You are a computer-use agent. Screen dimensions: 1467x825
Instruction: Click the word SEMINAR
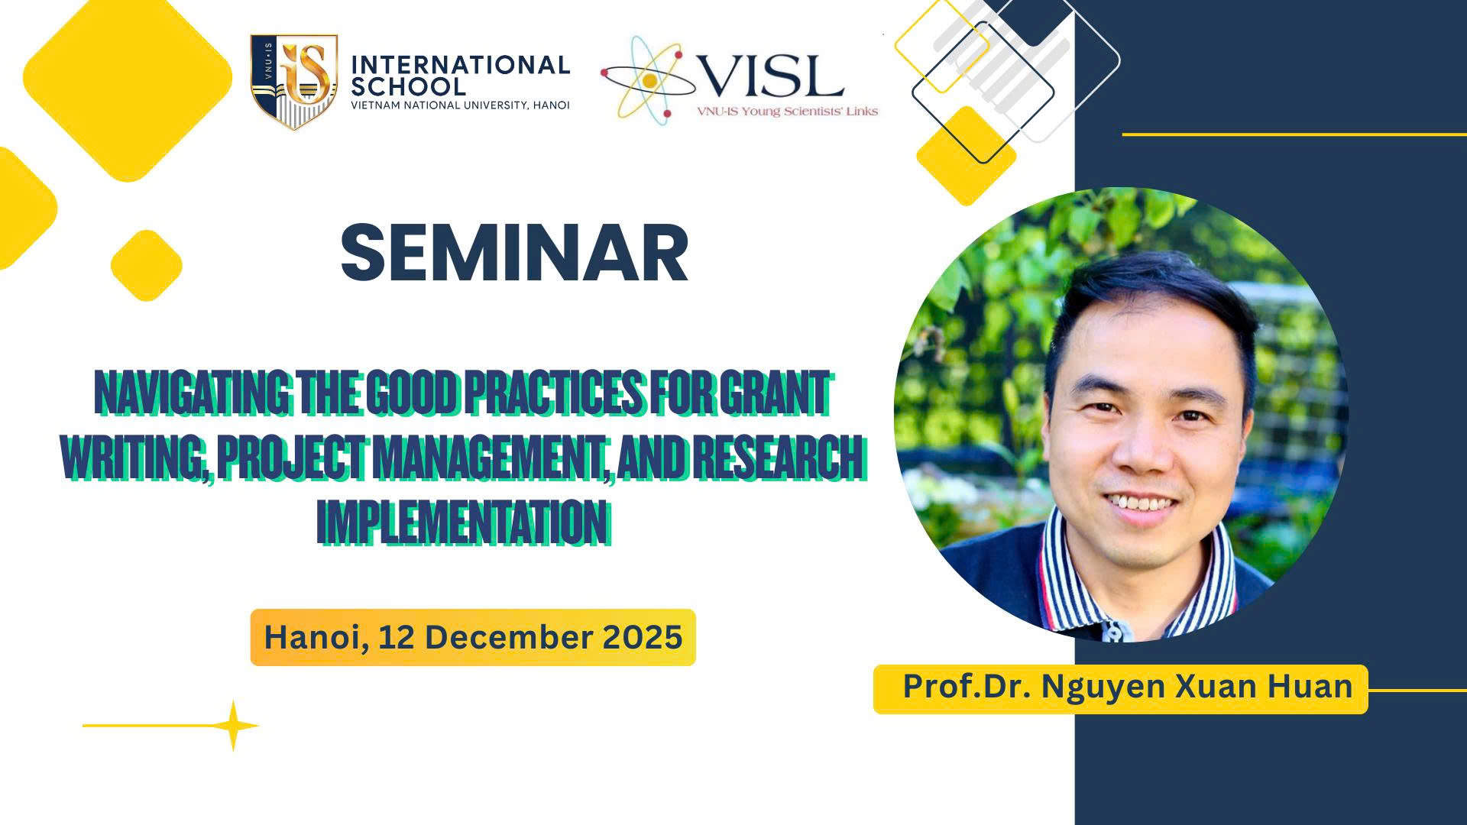point(514,253)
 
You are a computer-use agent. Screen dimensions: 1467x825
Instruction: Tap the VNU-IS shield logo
point(294,81)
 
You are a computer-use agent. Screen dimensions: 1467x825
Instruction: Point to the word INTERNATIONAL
point(461,65)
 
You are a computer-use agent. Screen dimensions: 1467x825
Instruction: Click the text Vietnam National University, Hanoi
point(460,105)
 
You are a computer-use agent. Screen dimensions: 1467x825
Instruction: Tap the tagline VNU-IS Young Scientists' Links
point(787,112)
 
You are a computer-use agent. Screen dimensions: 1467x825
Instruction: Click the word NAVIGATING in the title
point(193,393)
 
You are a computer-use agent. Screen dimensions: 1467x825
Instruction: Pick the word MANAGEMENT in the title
point(492,458)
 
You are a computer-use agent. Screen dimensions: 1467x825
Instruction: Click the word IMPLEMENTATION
point(463,522)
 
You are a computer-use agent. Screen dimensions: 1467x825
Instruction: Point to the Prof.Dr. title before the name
point(967,686)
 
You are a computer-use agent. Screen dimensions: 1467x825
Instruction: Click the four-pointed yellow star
point(235,726)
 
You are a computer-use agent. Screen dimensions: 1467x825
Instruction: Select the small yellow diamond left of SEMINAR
point(147,266)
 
